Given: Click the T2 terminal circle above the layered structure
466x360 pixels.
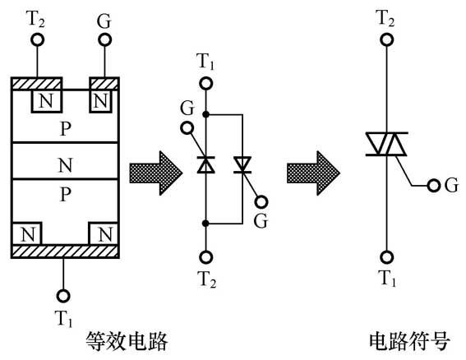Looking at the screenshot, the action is [x=38, y=39].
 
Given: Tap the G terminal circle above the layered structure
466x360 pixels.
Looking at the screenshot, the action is [x=104, y=39].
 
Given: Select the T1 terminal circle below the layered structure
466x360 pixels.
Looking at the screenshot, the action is [x=63, y=296].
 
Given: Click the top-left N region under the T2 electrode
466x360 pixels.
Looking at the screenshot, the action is [x=47, y=100].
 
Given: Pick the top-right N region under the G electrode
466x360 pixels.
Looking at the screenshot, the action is [x=100, y=100].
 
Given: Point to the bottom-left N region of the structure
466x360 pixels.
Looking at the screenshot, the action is [x=27, y=234].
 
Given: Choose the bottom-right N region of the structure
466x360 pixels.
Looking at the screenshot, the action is [x=104, y=234].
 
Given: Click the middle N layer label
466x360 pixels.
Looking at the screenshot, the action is [x=65, y=165].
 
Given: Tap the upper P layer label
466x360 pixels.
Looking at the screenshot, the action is [x=66, y=129].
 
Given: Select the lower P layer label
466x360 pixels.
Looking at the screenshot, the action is [x=66, y=195].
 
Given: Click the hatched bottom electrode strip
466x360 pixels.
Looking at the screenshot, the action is [x=65, y=252].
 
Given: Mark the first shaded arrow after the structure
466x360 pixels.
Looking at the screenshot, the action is [x=155, y=173].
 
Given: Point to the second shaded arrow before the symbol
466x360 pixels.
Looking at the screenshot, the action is [x=313, y=173].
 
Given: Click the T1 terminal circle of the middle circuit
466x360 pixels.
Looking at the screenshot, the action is [x=206, y=84].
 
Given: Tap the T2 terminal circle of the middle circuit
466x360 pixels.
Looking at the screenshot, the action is [x=206, y=256].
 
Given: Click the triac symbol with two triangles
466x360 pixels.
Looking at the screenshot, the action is [x=386, y=144].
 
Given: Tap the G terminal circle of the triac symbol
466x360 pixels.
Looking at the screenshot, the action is [x=434, y=186].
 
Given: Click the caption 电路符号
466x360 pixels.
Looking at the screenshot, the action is [x=409, y=341].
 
